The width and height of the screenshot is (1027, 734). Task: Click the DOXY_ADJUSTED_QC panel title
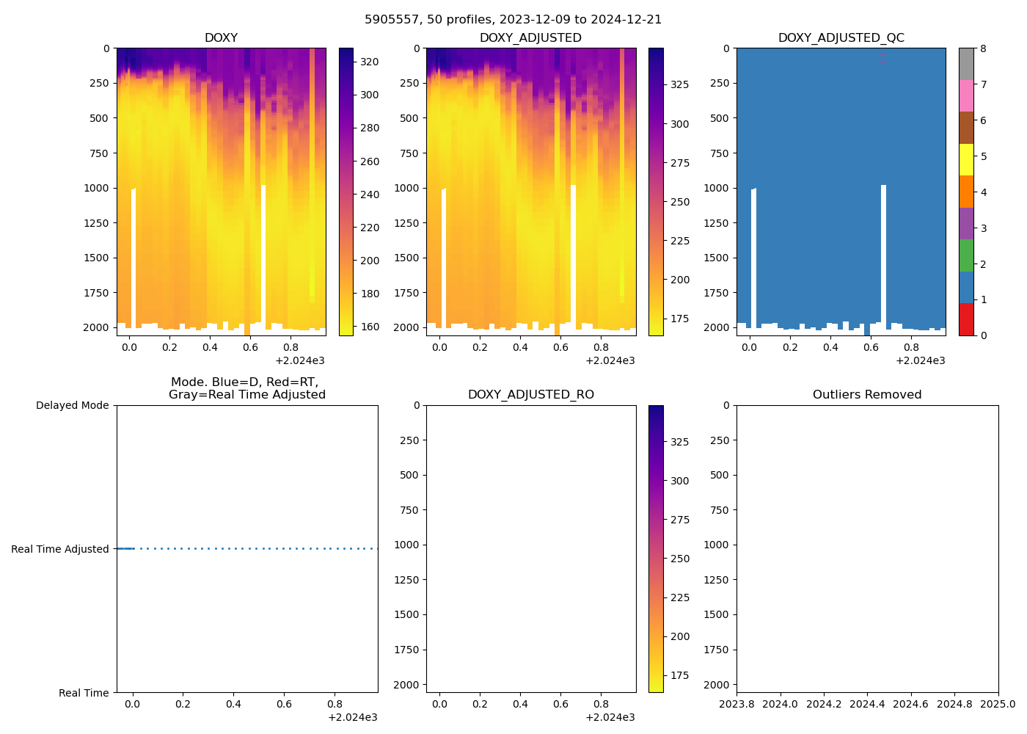[841, 38]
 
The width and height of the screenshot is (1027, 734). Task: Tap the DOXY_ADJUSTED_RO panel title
[530, 395]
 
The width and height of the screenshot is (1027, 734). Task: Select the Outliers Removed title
[867, 395]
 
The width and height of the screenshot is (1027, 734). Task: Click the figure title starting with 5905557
[513, 20]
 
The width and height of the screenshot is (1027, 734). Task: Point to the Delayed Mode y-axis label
[72, 405]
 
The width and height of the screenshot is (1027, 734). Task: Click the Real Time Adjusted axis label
[60, 549]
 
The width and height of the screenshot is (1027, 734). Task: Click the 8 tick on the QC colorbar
[983, 48]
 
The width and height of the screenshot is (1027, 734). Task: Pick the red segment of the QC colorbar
[966, 319]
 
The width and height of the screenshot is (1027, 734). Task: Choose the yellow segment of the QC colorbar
[966, 159]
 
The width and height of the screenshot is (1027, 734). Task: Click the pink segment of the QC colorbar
[966, 95]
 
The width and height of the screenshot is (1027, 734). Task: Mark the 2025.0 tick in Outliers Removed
[998, 705]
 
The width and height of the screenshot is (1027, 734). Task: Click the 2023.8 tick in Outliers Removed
[737, 705]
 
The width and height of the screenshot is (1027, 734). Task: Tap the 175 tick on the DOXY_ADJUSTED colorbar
[679, 319]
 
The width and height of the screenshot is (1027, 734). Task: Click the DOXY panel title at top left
[221, 38]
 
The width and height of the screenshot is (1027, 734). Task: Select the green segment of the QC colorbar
[966, 255]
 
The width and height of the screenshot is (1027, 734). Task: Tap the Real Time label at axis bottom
[84, 693]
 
